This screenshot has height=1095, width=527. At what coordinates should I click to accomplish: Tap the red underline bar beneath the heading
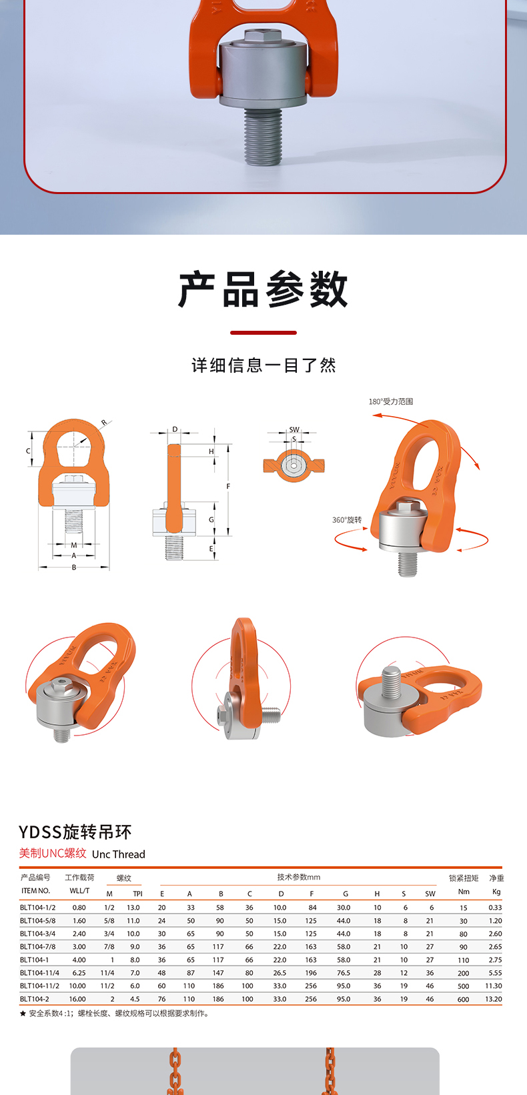[x=263, y=333]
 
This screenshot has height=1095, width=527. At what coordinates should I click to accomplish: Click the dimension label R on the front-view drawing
[x=103, y=422]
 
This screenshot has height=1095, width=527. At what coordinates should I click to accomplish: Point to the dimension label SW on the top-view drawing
[x=294, y=429]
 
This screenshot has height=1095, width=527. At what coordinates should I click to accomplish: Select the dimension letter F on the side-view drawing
[x=228, y=486]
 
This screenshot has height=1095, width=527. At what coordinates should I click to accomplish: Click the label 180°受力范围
[x=391, y=401]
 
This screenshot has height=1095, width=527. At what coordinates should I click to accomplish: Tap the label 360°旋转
[x=347, y=519]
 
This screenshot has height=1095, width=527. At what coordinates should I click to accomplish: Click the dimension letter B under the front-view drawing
[x=74, y=568]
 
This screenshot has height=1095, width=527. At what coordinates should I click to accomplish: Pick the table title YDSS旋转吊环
[x=75, y=832]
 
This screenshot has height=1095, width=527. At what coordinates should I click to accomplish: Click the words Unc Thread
[x=119, y=854]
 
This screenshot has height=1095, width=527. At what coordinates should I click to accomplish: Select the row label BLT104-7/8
[x=37, y=946]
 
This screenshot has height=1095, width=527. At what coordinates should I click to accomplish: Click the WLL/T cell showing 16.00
[x=77, y=999]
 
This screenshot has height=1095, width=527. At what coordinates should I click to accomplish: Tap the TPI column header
[x=138, y=894]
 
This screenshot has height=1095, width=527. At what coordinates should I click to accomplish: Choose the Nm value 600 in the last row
[x=464, y=999]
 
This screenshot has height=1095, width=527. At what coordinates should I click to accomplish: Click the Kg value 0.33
[x=495, y=908]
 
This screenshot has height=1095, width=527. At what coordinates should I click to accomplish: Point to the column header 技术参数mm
[x=299, y=877]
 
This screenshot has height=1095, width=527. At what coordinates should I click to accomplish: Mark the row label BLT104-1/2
[x=37, y=908]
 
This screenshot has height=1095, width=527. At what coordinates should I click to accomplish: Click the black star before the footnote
[x=23, y=1014]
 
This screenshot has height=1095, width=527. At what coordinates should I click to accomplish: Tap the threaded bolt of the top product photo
[x=263, y=137]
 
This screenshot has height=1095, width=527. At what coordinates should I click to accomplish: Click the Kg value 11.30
[x=494, y=986]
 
